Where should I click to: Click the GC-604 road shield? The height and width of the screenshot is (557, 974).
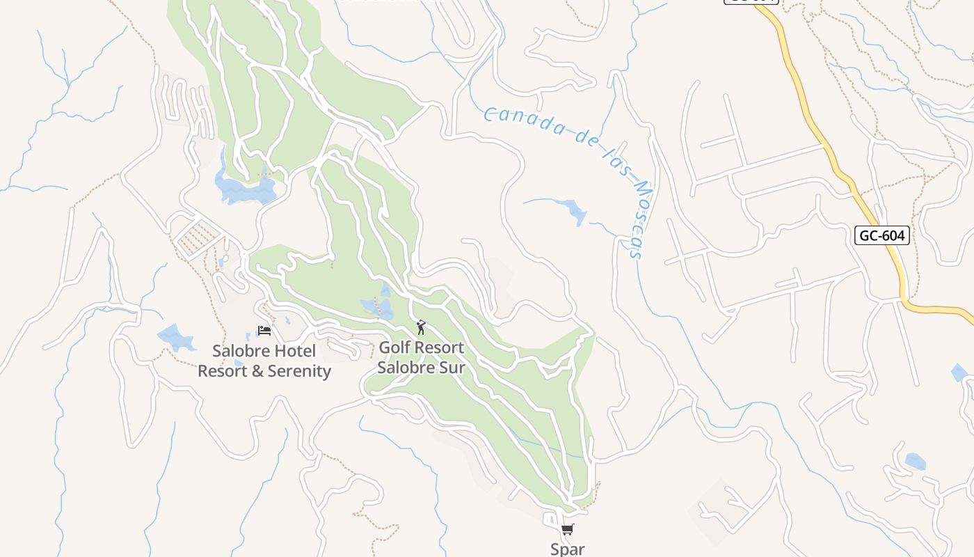pos(881,235)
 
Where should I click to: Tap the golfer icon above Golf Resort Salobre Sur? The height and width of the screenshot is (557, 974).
pos(420,327)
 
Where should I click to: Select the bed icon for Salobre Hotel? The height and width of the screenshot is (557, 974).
pos(264,330)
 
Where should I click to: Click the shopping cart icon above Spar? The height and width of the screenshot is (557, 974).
pos(568,530)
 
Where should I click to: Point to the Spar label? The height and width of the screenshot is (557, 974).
pos(568,549)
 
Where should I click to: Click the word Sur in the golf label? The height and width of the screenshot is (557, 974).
pos(452,367)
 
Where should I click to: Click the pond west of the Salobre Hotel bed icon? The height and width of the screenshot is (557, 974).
pos(177,338)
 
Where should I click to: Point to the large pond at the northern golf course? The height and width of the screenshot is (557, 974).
pos(246,189)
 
